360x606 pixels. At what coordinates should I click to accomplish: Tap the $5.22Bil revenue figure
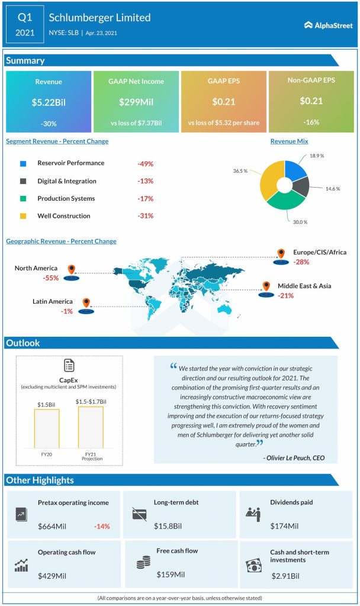49,102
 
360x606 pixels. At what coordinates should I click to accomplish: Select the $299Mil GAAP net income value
136,102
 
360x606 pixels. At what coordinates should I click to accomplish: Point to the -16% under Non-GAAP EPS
310,123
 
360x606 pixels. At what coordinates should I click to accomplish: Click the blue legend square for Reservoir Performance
23,163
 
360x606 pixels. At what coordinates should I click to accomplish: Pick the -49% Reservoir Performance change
145,163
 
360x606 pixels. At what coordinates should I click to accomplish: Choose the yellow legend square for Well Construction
23,216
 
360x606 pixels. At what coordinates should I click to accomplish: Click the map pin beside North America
71,270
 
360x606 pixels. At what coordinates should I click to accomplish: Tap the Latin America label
53,302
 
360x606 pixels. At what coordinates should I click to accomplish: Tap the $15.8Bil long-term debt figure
168,526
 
